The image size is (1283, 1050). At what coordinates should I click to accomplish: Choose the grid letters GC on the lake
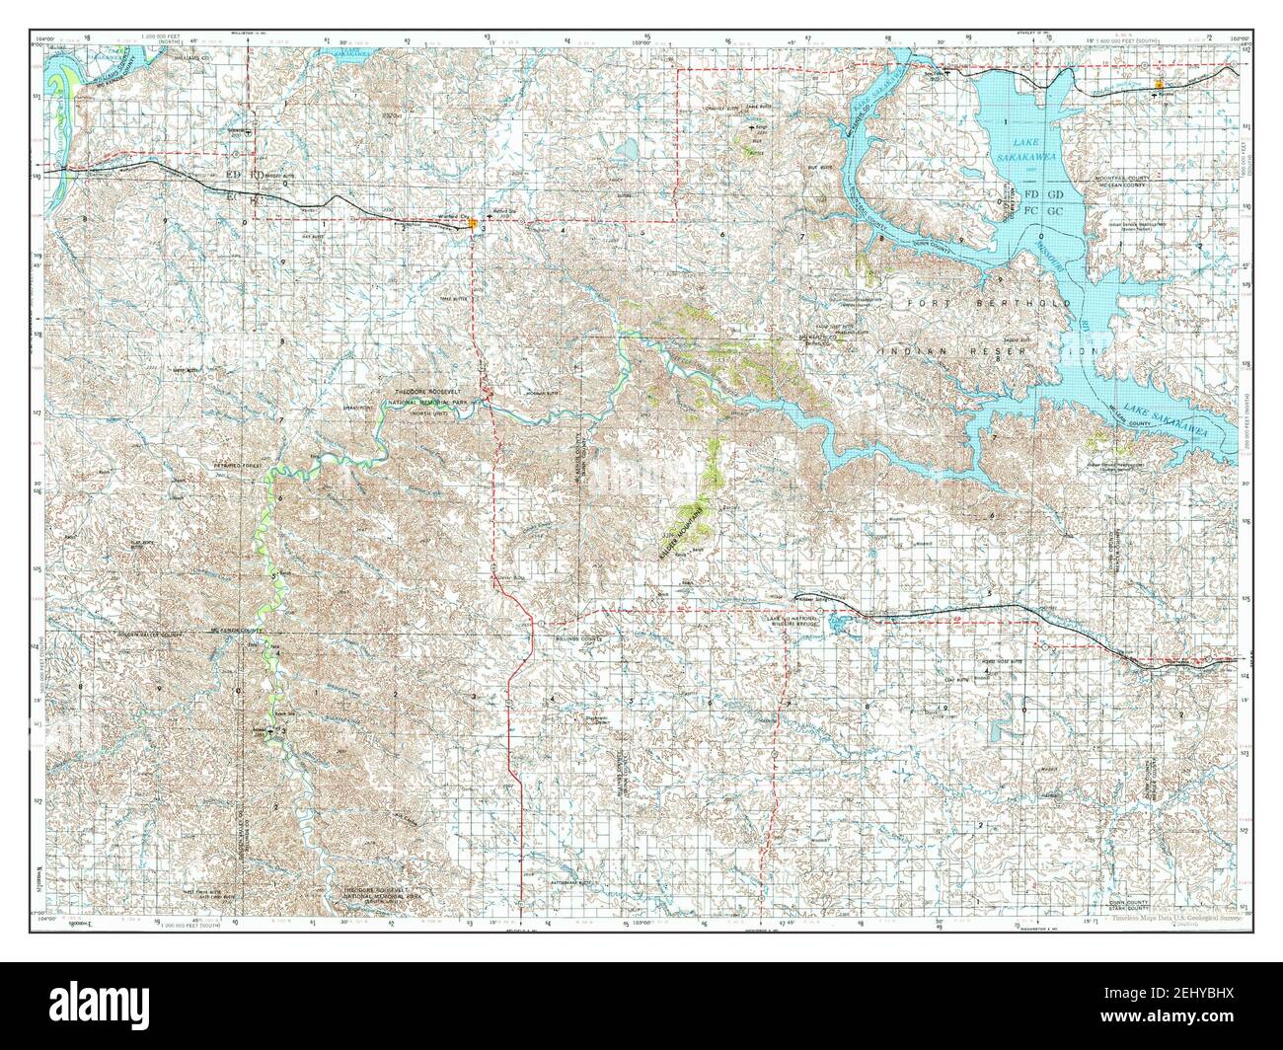[x=1054, y=211]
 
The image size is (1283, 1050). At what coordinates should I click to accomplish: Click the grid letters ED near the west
[x=234, y=175]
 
